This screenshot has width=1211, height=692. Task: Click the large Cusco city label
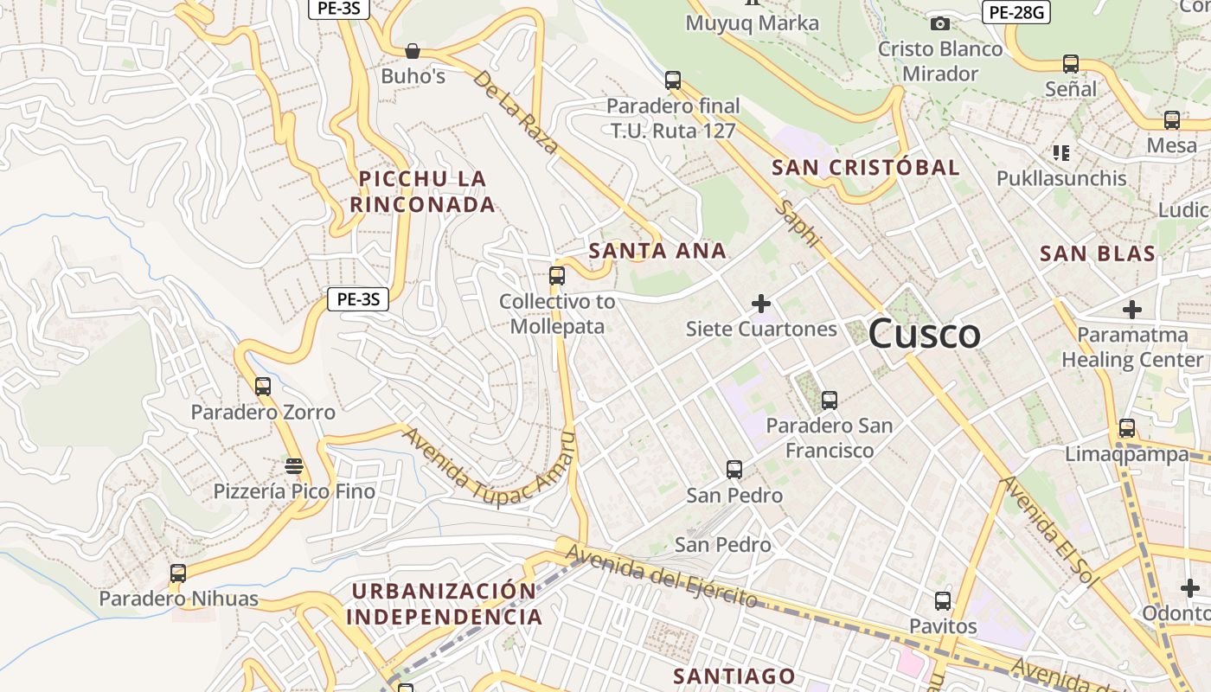pyautogui.click(x=924, y=334)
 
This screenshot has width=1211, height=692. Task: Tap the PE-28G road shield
pyautogui.click(x=1016, y=12)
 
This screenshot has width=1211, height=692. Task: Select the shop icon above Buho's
pyautogui.click(x=413, y=51)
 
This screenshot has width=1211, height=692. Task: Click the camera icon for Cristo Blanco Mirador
pyautogui.click(x=939, y=23)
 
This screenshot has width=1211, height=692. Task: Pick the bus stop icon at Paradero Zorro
pyautogui.click(x=263, y=386)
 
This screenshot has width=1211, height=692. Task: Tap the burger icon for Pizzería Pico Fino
pyautogui.click(x=294, y=466)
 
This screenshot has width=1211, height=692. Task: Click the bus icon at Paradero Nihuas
pyautogui.click(x=178, y=573)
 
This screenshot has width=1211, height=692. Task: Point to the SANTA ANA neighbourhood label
pyautogui.click(x=657, y=251)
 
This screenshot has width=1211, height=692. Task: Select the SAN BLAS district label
pyautogui.click(x=1097, y=253)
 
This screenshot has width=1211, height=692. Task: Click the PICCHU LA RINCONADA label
pyautogui.click(x=423, y=191)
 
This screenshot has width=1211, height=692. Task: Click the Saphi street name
pyautogui.click(x=796, y=222)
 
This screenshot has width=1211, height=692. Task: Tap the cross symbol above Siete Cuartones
pyautogui.click(x=761, y=304)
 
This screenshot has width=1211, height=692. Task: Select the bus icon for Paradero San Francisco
pyautogui.click(x=830, y=400)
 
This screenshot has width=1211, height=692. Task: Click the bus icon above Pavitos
pyautogui.click(x=943, y=600)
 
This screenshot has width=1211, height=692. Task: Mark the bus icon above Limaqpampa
pyautogui.click(x=1126, y=427)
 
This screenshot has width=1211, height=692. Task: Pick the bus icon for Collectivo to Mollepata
pyautogui.click(x=557, y=276)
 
